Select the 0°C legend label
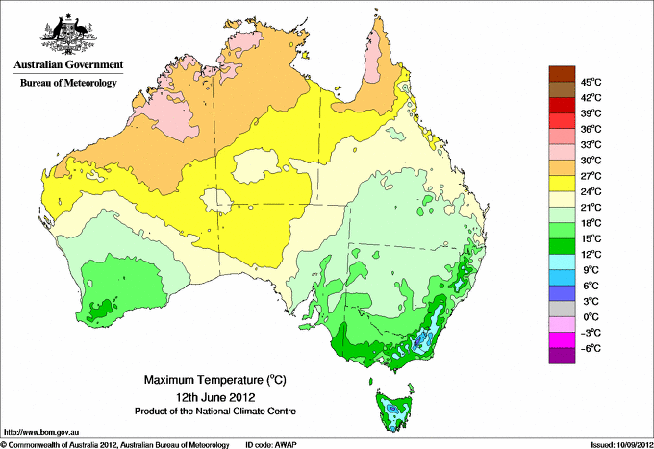(x=591, y=316)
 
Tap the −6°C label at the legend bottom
(x=591, y=348)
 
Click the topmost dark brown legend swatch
(x=561, y=74)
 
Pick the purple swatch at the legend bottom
(x=561, y=356)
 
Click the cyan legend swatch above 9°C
(x=561, y=262)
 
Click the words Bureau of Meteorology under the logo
(x=68, y=83)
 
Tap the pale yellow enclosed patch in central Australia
(x=252, y=164)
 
